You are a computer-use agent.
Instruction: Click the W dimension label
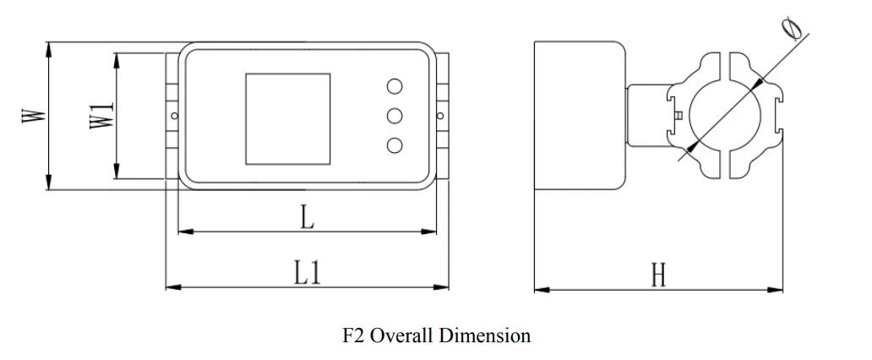[x=33, y=115]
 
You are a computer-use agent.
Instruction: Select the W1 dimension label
[x=101, y=116]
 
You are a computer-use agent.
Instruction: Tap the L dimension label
[x=307, y=217]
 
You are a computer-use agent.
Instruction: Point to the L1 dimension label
[x=308, y=274]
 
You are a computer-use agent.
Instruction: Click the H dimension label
[x=658, y=275]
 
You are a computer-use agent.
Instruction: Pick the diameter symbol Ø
[x=792, y=29]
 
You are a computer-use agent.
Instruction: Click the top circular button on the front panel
[x=395, y=86]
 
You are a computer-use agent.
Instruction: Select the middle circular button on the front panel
[x=395, y=116]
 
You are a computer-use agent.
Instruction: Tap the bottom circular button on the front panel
[x=395, y=145]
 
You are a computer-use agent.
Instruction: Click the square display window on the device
[x=288, y=118]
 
